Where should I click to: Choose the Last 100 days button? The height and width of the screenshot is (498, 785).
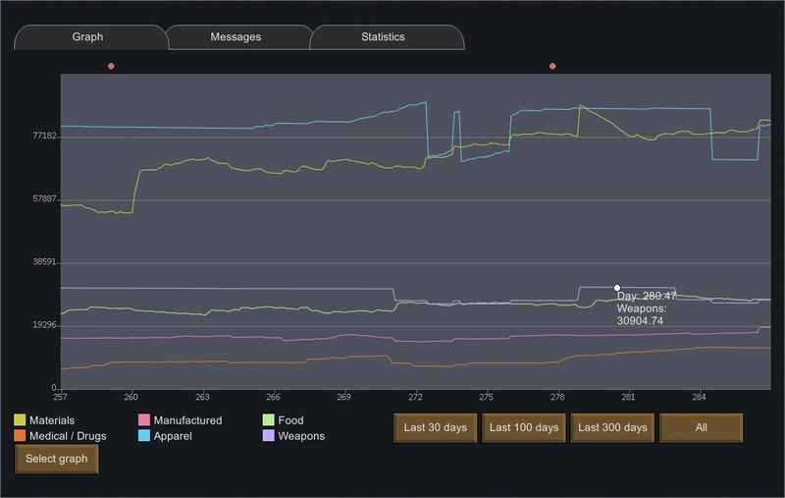click(524, 428)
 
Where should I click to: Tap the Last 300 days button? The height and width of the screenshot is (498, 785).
click(612, 428)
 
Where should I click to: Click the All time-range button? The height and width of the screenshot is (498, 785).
click(701, 428)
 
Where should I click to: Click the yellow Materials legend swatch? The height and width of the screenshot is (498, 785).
click(20, 419)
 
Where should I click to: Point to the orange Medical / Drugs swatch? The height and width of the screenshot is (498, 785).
click(20, 435)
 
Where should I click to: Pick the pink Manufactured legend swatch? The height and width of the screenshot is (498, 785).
click(143, 419)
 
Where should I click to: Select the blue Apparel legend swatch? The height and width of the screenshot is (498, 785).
click(143, 435)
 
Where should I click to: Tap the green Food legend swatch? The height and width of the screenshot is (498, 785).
click(268, 419)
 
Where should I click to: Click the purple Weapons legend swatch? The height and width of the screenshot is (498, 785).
click(268, 435)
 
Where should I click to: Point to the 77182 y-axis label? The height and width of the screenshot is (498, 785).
click(44, 136)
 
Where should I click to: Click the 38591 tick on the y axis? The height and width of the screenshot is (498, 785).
click(44, 262)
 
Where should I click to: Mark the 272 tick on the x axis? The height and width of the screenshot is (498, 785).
click(415, 397)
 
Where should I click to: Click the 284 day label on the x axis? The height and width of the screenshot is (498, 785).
click(699, 397)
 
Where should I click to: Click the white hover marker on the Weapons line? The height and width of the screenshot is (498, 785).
click(617, 288)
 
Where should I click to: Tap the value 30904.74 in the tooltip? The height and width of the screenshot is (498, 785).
click(640, 321)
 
